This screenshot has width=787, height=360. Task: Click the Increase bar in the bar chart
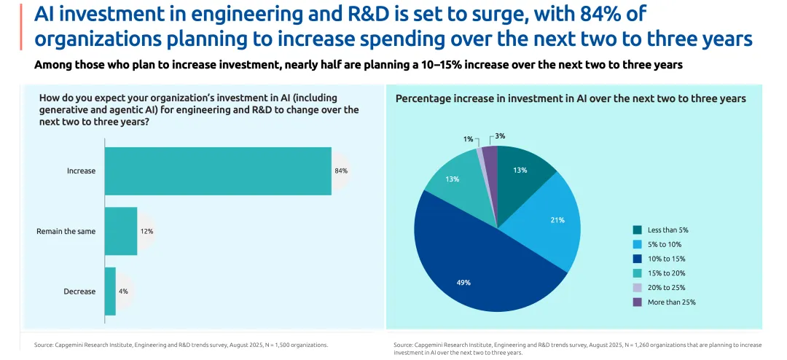pos(218,171)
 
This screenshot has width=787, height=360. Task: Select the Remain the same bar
pos(121,231)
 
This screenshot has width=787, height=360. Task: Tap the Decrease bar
pos(110,291)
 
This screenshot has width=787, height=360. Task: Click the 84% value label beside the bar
pos(341,171)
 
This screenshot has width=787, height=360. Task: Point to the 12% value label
pos(146,231)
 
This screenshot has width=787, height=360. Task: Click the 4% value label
pos(123,291)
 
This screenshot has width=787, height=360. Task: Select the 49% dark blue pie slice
pos(466,270)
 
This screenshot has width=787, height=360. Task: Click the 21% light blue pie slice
pos(550,219)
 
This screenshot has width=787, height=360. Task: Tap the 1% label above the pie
pos(469,138)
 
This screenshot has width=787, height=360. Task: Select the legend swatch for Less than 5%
pos(638,230)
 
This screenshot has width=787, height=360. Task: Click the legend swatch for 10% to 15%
pos(638,259)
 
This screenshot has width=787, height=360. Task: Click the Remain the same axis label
pos(66,231)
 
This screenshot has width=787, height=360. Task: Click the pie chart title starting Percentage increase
pos(571,98)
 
